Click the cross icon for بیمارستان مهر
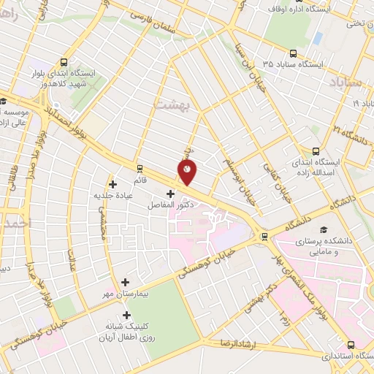tap(125, 282)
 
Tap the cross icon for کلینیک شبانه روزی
tap(127, 316)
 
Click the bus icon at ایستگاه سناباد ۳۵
tap(293, 53)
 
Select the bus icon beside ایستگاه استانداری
tap(351, 345)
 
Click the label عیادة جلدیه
tap(110, 195)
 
